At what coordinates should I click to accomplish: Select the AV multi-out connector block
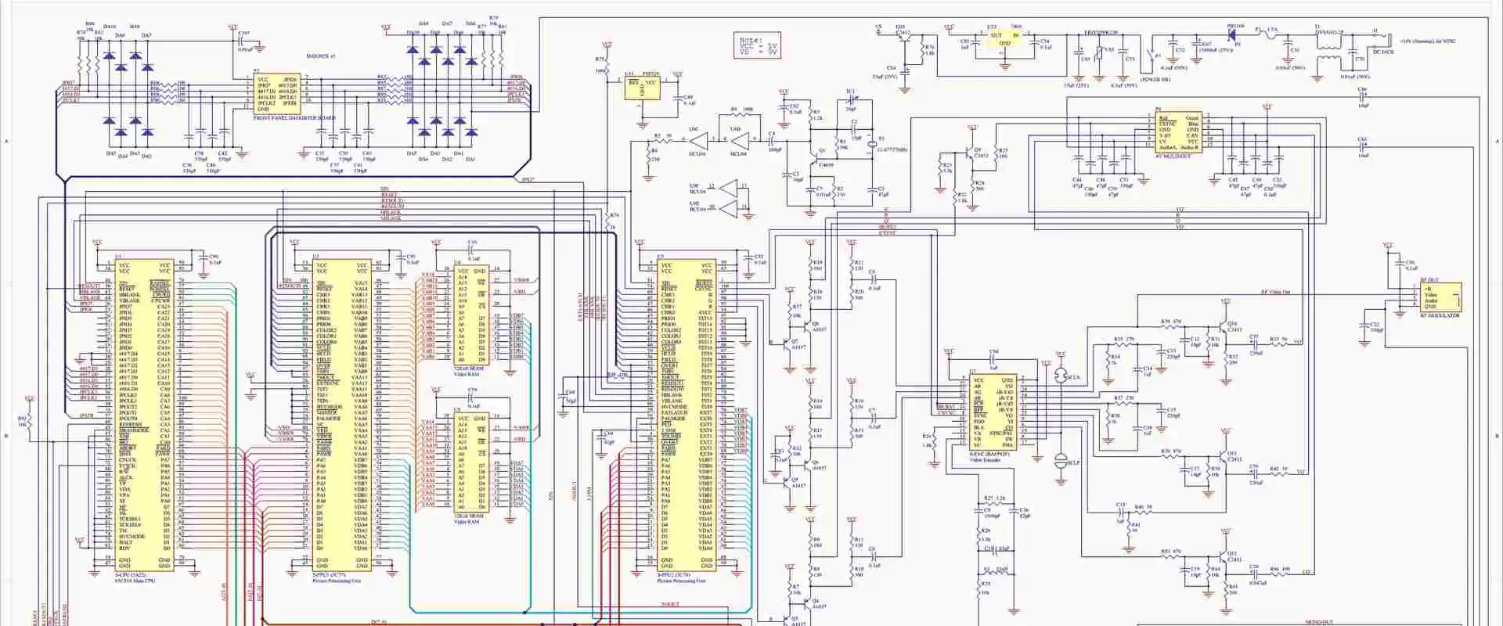[x=1178, y=132]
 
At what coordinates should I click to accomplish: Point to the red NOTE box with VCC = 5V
[x=759, y=45]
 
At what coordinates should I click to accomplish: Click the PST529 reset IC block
[x=642, y=88]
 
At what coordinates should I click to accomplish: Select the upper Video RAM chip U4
[x=472, y=318]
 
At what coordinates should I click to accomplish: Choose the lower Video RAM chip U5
[x=472, y=462]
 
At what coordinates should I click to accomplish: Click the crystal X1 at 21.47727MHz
[x=870, y=148]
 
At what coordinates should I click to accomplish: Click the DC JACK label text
[x=1383, y=52]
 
